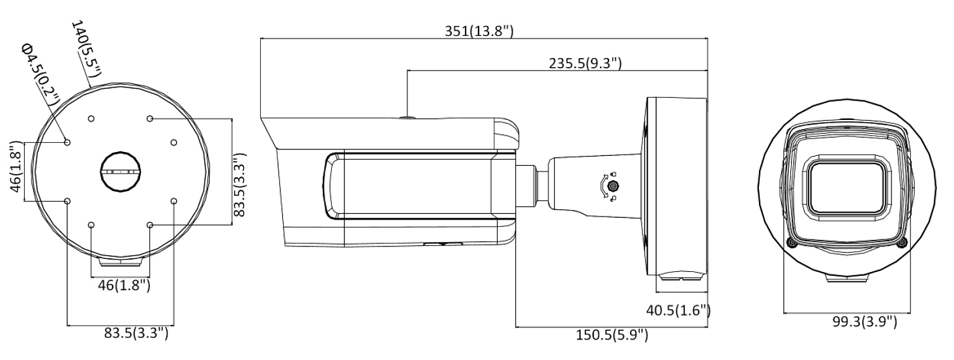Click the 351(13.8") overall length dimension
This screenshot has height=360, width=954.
pos(479,31)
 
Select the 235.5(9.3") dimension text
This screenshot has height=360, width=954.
pos(585,63)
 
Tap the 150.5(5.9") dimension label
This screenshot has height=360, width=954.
pos(612,335)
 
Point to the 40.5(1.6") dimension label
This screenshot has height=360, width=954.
pos(678,310)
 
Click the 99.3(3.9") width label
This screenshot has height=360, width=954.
pos(865,322)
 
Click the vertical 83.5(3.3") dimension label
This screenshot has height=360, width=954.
pos(240,185)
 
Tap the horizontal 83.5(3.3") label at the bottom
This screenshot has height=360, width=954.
pos(136,333)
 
